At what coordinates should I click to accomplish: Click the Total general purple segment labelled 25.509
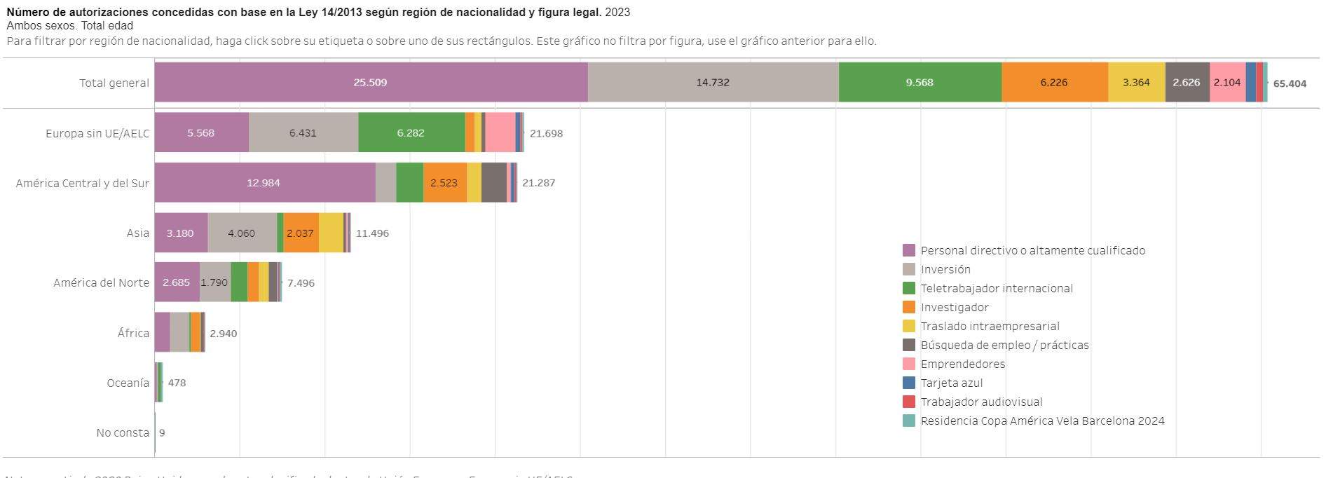[371, 83]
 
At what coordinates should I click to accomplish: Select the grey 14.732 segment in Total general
[713, 83]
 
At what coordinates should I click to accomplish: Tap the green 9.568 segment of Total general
[920, 83]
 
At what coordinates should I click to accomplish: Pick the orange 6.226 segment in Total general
[1054, 83]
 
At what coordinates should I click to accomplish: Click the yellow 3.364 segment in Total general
[1136, 83]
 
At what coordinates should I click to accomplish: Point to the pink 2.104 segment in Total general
[1227, 83]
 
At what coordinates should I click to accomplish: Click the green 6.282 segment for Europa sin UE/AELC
[411, 132]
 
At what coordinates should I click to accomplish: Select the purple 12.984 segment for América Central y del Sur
[264, 183]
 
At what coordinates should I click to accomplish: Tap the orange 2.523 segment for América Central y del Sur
[444, 183]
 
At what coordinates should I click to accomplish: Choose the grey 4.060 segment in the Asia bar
[242, 233]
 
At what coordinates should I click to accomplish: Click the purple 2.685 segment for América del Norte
[177, 282]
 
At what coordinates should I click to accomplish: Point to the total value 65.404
[1290, 83]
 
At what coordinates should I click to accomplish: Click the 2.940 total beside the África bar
[224, 334]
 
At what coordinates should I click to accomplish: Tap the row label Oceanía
[128, 383]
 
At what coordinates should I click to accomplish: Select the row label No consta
[123, 433]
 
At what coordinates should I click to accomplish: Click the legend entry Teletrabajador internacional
[996, 288]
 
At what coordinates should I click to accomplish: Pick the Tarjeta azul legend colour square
[909, 383]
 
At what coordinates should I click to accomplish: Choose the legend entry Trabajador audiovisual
[981, 402]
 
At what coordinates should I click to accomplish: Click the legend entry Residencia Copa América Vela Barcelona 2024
[1042, 421]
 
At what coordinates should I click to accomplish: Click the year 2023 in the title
[617, 12]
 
